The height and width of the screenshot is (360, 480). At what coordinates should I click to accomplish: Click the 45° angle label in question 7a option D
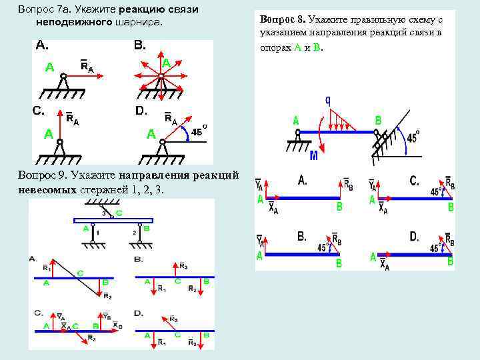click(197, 132)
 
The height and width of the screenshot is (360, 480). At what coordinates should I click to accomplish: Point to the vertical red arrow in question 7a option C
click(61, 125)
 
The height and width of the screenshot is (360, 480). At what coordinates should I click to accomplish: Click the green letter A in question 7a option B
click(167, 63)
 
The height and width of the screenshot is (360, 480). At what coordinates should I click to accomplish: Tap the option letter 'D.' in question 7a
click(141, 111)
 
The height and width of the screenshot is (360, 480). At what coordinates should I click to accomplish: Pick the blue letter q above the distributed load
click(329, 101)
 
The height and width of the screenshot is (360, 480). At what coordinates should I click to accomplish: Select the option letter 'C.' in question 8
click(415, 180)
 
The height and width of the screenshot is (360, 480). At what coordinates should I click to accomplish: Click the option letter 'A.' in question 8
click(303, 180)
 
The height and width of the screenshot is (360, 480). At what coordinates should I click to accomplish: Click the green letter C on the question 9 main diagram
click(119, 215)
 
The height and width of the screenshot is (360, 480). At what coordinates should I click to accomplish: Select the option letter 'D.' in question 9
click(139, 313)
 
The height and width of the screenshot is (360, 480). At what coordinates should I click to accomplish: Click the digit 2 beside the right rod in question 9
click(135, 233)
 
